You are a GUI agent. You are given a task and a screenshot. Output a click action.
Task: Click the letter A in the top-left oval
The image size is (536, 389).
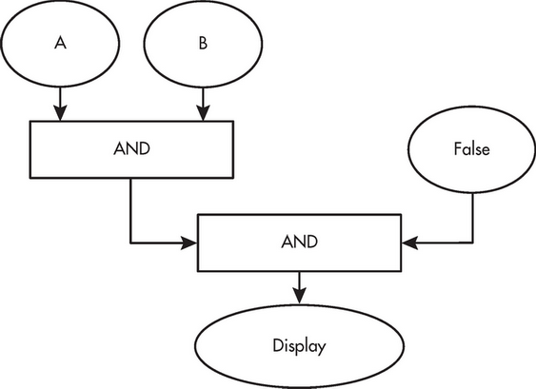[x=60, y=43]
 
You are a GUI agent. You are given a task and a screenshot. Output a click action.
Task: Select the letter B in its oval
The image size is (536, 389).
[x=203, y=43]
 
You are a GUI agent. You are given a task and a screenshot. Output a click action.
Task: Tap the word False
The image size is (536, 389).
[x=471, y=149]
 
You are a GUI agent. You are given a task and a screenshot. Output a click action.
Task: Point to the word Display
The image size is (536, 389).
[x=300, y=345]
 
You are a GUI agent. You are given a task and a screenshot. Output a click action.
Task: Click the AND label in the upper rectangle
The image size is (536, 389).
[x=132, y=148]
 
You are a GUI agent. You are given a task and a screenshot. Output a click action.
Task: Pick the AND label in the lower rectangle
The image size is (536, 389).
[x=300, y=242]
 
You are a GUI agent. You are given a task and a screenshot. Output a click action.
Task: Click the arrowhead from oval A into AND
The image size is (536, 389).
[x=60, y=112]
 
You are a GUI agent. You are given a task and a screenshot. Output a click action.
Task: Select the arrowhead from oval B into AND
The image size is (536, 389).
[x=203, y=112]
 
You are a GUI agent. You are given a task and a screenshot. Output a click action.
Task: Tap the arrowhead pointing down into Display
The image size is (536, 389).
[x=300, y=296]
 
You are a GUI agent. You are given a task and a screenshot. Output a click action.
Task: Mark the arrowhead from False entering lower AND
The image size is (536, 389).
[x=409, y=243]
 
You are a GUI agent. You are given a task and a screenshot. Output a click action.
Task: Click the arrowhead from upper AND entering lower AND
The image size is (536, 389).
[x=189, y=243]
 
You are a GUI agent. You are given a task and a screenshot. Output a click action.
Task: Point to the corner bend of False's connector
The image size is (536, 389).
[x=473, y=243]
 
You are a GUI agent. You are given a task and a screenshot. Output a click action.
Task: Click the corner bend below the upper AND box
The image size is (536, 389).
[x=130, y=243]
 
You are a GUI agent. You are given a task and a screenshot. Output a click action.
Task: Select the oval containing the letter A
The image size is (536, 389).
[x=60, y=44]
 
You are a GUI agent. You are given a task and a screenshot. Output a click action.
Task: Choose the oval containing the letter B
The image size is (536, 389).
[x=203, y=44]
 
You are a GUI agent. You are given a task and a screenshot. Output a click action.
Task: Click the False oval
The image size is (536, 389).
[x=471, y=149]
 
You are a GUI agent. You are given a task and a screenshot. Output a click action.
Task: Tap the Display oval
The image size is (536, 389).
[x=300, y=346]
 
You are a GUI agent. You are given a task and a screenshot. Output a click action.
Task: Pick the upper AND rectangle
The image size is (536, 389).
[x=132, y=149]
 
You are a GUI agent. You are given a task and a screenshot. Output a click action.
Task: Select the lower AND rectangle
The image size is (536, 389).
[x=300, y=243]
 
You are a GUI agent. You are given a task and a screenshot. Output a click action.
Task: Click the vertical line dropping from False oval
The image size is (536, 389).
[x=473, y=218]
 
